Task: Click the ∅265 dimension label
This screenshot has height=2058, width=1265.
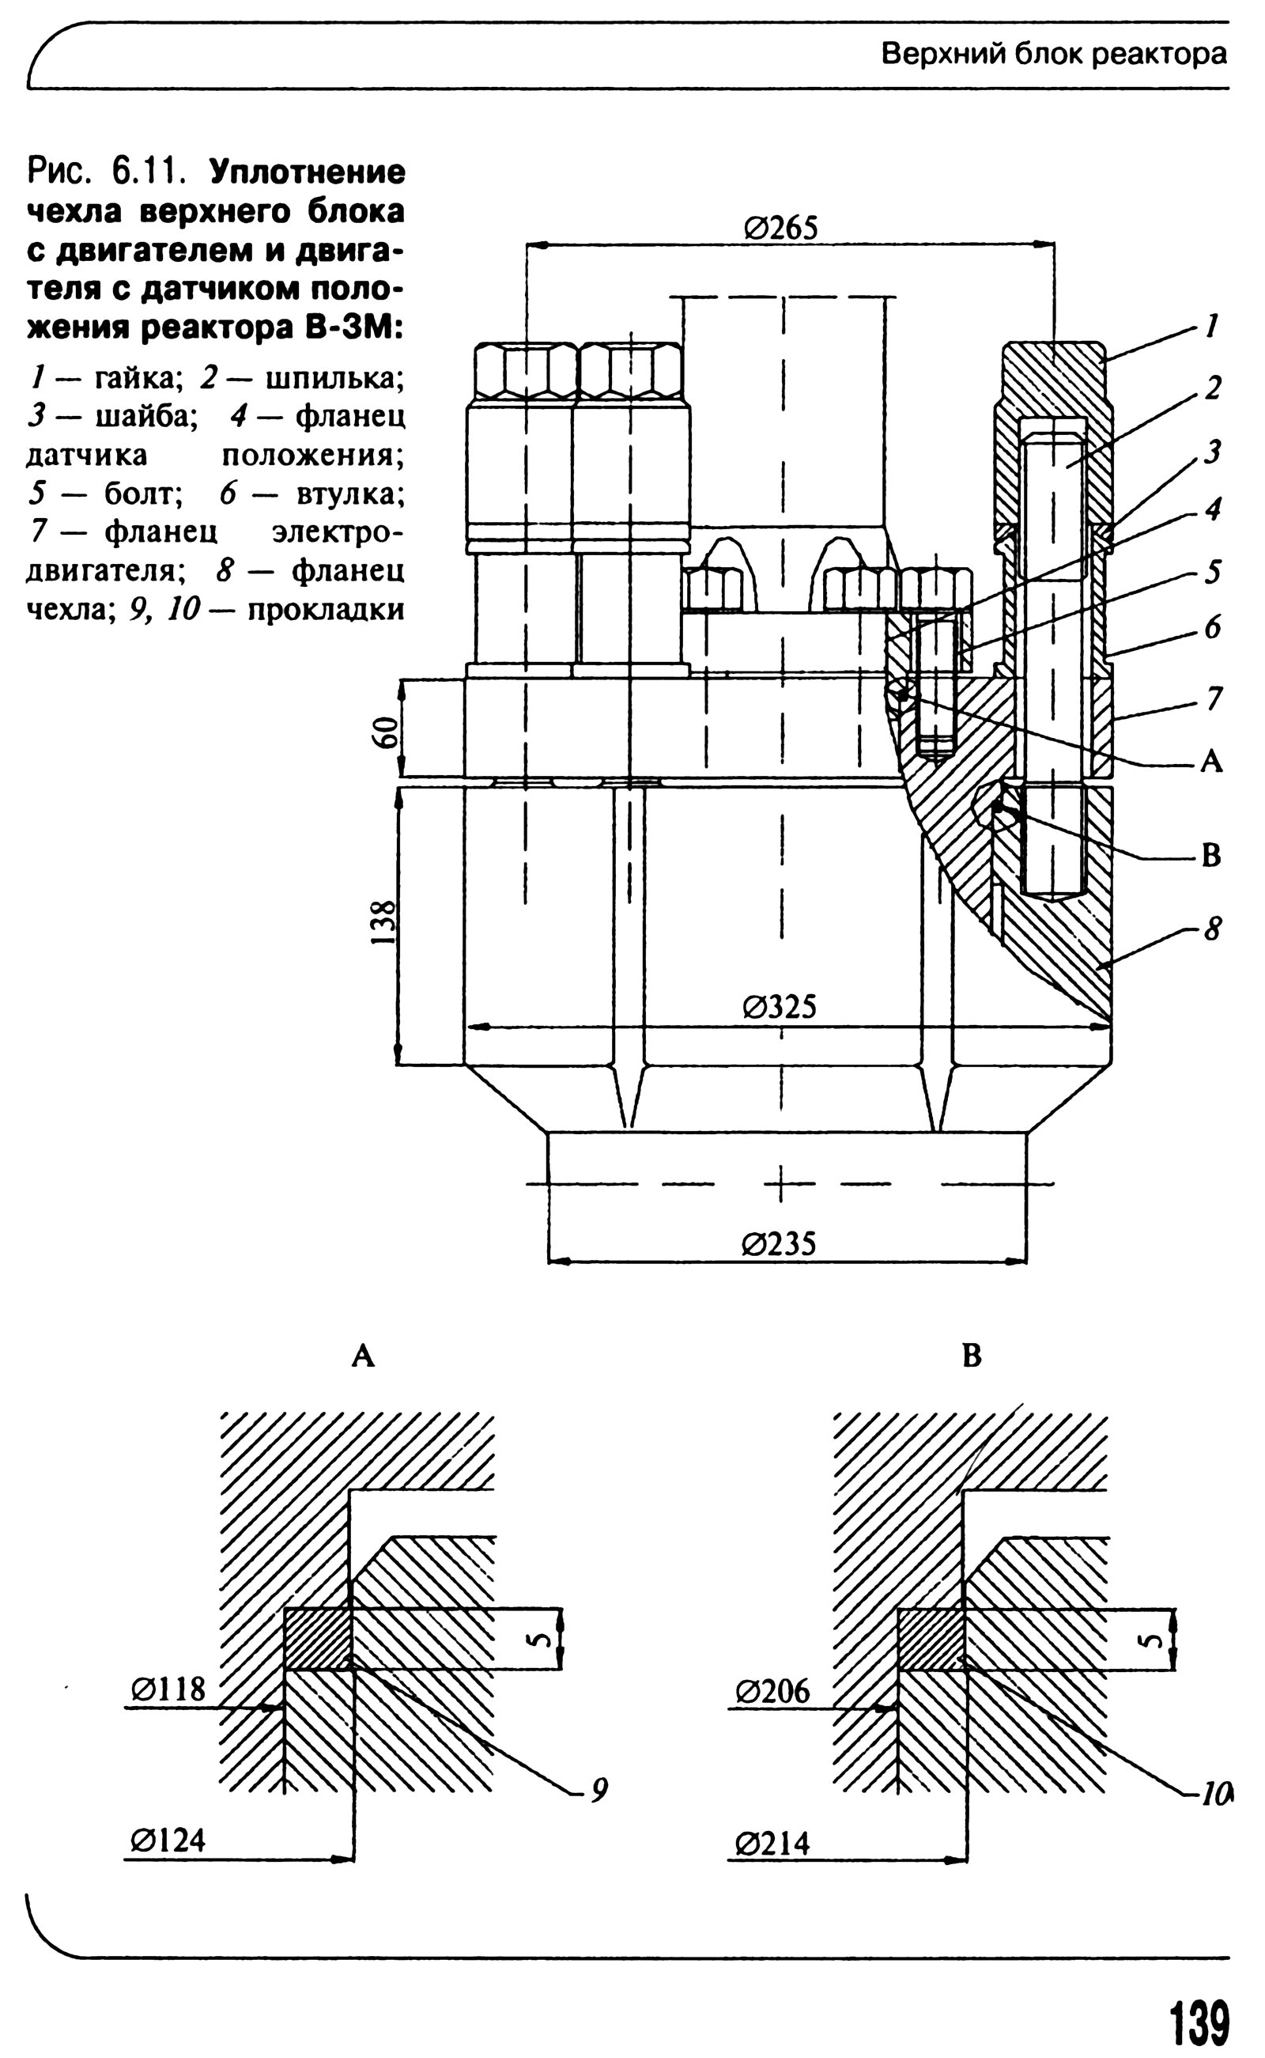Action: (x=780, y=228)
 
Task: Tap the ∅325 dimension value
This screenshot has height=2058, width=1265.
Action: (x=779, y=1007)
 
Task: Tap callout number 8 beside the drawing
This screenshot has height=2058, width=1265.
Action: (x=1212, y=928)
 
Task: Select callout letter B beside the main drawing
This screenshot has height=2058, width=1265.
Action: (x=1210, y=855)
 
